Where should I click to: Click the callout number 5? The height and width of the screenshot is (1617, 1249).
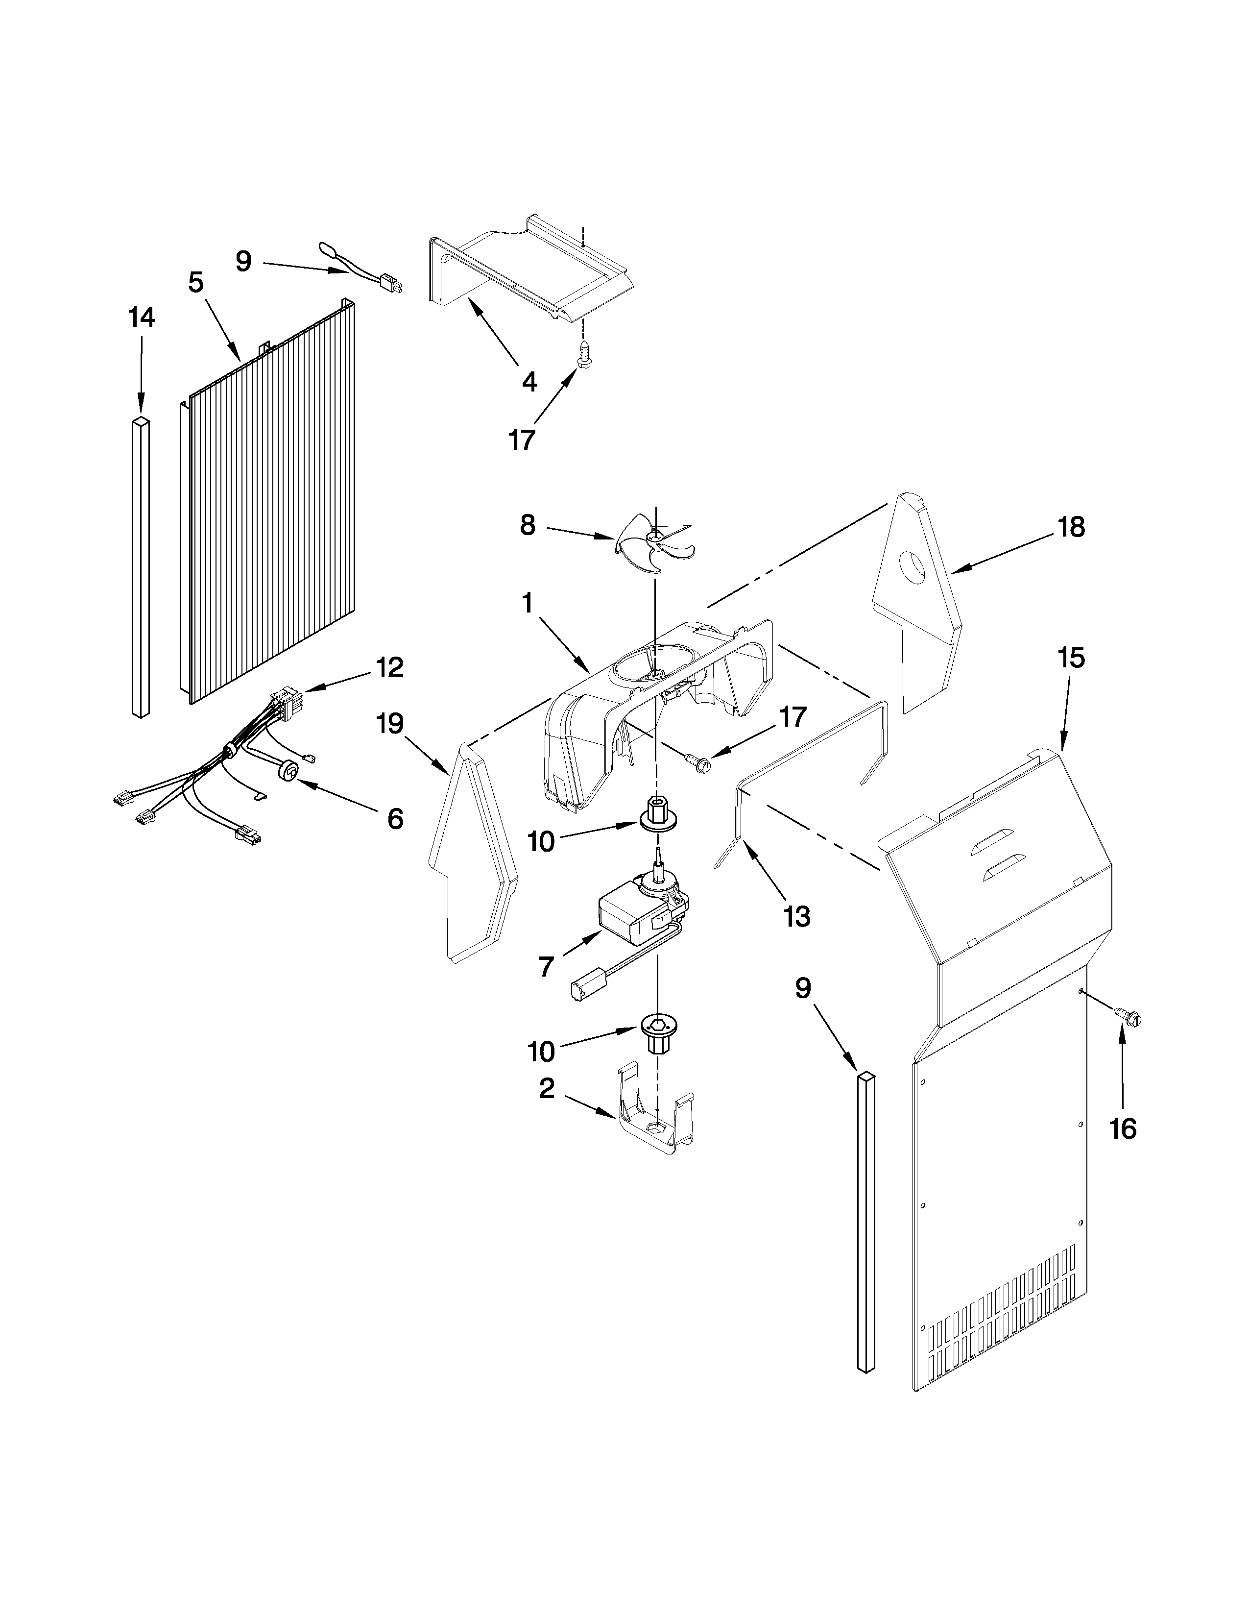pos(195,282)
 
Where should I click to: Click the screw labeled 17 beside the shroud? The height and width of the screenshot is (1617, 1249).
pos(698,760)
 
